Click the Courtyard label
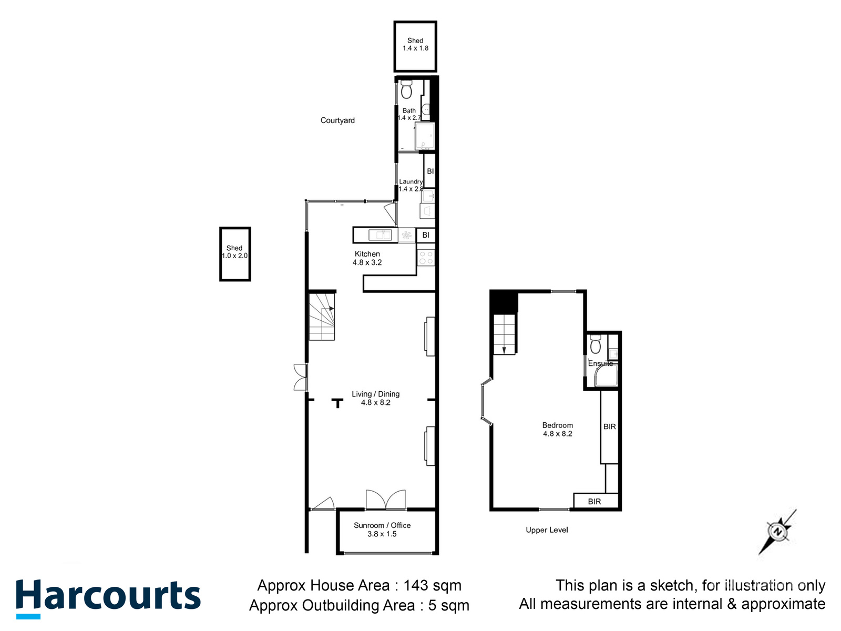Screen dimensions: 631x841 (x=337, y=120)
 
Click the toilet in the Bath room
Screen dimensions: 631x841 (x=406, y=90)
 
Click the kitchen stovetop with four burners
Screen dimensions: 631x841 (x=426, y=258)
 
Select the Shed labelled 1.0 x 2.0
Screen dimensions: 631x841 (x=235, y=254)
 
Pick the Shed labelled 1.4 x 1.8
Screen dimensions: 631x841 (x=415, y=46)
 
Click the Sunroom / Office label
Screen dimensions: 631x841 (x=382, y=525)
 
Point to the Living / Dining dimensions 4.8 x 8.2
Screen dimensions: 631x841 (x=375, y=403)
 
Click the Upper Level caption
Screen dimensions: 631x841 (x=547, y=530)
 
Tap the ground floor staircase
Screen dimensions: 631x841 (x=321, y=317)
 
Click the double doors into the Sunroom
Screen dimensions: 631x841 (x=386, y=500)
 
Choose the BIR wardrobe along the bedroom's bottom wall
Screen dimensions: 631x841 (x=595, y=501)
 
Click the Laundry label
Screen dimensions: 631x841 (x=411, y=181)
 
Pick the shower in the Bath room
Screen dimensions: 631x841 (x=425, y=137)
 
